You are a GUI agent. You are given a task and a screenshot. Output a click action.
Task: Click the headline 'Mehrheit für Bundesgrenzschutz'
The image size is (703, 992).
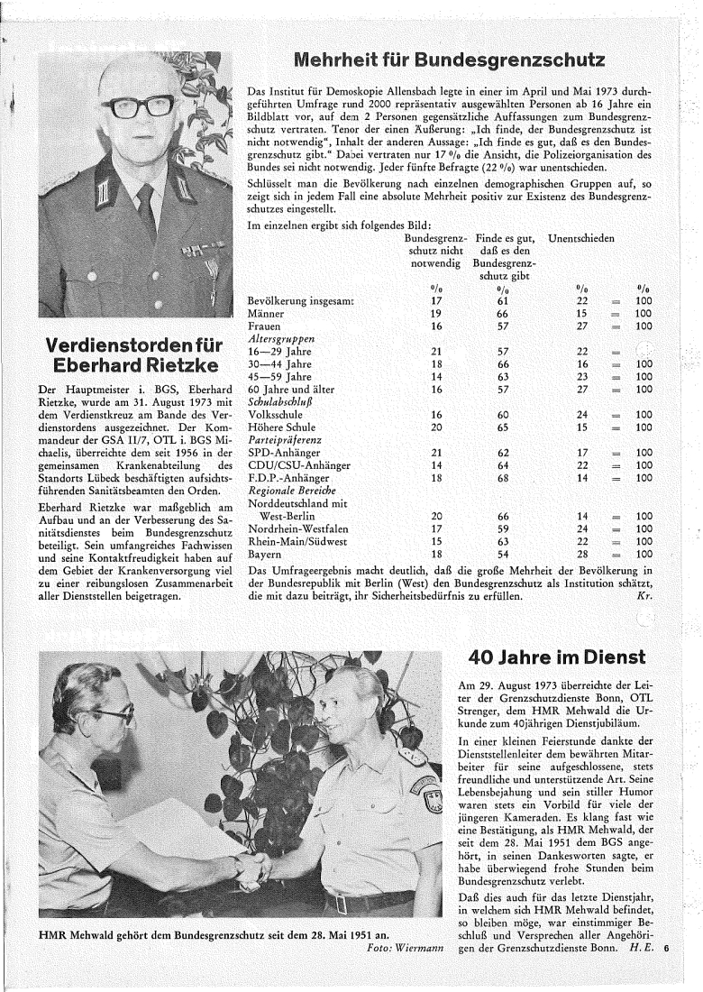[x=448, y=61]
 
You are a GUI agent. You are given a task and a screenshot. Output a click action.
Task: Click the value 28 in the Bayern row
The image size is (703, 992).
[x=582, y=554]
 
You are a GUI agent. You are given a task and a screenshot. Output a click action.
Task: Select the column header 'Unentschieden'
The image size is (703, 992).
[x=581, y=237]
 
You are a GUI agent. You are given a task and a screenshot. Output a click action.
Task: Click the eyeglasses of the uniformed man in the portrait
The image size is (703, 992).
[x=137, y=106]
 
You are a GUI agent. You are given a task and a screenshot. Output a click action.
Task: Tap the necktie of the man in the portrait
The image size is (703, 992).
[x=146, y=208]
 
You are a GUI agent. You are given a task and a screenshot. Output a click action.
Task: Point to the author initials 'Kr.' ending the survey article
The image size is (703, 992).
[x=644, y=596]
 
